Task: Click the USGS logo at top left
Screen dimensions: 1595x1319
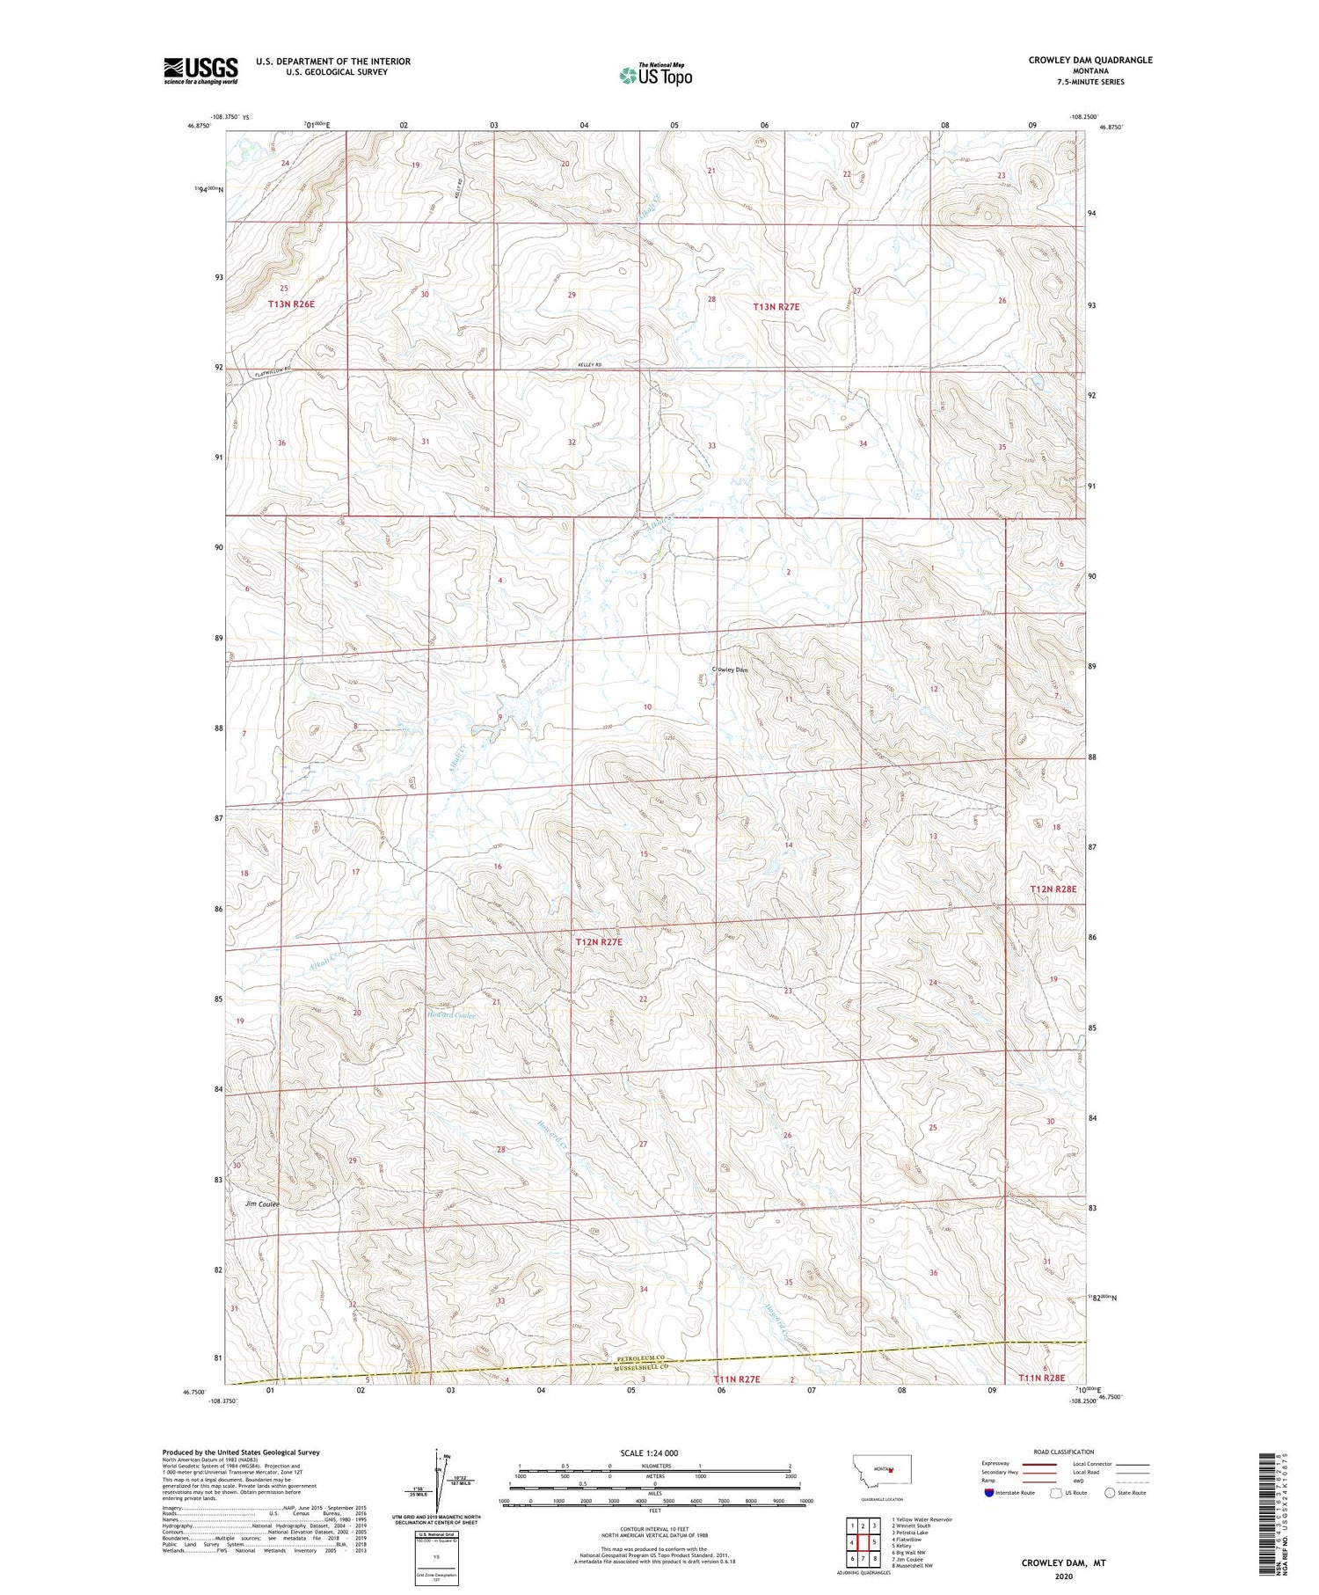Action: pyautogui.click(x=200, y=70)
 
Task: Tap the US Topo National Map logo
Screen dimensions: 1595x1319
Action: pyautogui.click(x=655, y=75)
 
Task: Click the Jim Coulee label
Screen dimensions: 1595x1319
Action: pyautogui.click(x=262, y=1204)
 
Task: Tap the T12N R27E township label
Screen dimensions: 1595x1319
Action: pyautogui.click(x=599, y=942)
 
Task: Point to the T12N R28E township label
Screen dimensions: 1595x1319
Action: pyautogui.click(x=1053, y=889)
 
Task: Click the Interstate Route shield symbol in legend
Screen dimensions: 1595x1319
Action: pyautogui.click(x=988, y=1493)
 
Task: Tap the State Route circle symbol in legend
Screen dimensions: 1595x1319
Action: pyautogui.click(x=1110, y=1492)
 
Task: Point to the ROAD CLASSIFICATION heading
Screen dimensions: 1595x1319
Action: pyautogui.click(x=1063, y=1452)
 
